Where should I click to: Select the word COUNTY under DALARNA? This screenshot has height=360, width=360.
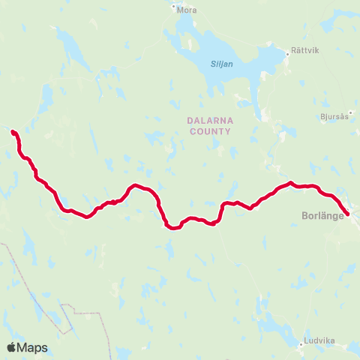[208, 130]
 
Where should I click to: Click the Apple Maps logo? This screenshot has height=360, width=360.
[26, 347]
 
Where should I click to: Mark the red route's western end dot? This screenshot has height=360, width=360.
[13, 133]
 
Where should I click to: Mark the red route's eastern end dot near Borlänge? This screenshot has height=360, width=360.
[347, 214]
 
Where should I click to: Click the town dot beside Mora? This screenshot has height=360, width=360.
[173, 9]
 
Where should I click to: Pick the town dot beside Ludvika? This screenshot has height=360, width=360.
[301, 345]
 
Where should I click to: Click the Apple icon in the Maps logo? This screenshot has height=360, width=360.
[11, 347]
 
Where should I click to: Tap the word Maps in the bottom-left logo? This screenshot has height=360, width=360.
[32, 348]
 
